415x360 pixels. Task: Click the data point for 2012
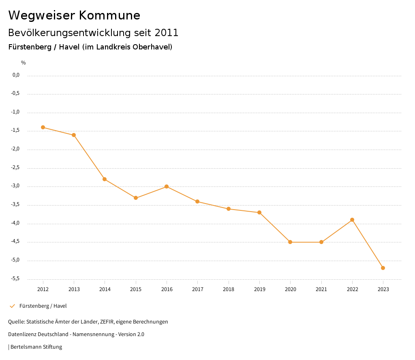click(x=43, y=127)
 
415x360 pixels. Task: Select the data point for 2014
click(x=105, y=179)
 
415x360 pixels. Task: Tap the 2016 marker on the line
click(x=167, y=186)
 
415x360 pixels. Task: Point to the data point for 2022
click(x=352, y=220)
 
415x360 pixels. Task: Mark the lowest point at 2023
click(x=383, y=268)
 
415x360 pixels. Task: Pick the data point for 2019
click(x=259, y=212)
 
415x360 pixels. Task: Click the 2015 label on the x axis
click(x=136, y=289)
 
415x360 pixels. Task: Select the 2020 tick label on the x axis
click(x=291, y=289)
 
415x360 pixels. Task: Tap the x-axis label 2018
click(x=229, y=289)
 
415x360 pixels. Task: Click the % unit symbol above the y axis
click(x=24, y=63)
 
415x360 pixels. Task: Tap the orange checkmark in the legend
click(x=12, y=306)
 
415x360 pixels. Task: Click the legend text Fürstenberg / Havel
click(x=43, y=306)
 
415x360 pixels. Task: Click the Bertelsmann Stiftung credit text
click(x=36, y=347)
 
